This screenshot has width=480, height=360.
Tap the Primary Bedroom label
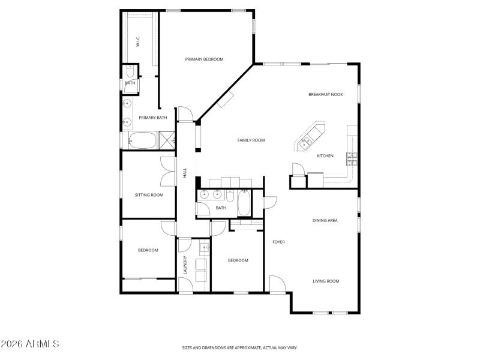(204, 59)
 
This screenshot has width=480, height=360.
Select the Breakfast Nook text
(325, 94)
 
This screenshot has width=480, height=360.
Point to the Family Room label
(251, 140)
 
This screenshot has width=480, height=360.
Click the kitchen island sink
(306, 142)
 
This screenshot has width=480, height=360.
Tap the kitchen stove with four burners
(352, 158)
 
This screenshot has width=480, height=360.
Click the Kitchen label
(325, 156)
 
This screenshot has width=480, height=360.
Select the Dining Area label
(325, 220)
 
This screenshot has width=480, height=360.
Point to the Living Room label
(326, 281)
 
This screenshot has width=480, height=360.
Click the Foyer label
(278, 242)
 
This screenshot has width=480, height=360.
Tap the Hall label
(185, 172)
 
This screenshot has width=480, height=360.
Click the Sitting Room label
(149, 194)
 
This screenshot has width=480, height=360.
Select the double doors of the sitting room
(168, 172)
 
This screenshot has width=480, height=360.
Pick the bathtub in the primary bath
(142, 141)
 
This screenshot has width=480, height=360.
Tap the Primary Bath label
(153, 118)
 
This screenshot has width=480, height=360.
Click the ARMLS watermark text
(30, 344)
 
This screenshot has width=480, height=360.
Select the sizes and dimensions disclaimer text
(240, 347)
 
